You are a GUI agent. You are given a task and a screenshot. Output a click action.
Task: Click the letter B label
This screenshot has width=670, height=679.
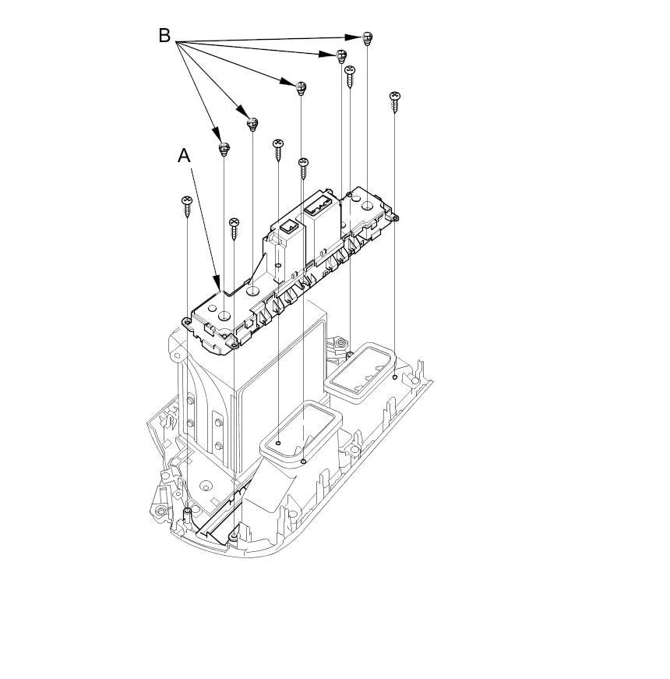tap(164, 36)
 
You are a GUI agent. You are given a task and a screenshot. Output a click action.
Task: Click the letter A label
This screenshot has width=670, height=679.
tap(184, 156)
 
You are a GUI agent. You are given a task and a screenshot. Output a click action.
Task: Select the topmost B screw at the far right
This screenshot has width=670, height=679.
tap(368, 38)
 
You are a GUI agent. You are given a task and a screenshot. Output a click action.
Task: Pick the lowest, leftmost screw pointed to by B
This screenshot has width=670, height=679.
tap(224, 148)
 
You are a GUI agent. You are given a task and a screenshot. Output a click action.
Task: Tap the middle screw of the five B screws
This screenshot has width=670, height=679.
tap(301, 87)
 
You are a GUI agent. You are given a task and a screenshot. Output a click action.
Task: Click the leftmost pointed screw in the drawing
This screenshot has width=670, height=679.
tap(187, 204)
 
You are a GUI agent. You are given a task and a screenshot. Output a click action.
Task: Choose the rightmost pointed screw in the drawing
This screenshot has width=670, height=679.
tap(395, 101)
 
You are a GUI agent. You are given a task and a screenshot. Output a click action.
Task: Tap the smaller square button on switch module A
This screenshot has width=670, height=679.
tap(287, 228)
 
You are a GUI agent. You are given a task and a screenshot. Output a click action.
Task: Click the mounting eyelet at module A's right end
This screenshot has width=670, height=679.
tap(395, 217)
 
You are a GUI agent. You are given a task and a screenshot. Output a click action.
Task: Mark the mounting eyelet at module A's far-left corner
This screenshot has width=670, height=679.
tap(186, 321)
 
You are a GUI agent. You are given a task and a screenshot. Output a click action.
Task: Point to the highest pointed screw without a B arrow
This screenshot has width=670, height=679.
tap(350, 75)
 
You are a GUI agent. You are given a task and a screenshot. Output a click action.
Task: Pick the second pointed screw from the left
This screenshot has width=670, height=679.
tap(234, 227)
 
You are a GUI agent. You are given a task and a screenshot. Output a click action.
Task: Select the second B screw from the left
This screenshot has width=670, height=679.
tap(252, 124)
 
